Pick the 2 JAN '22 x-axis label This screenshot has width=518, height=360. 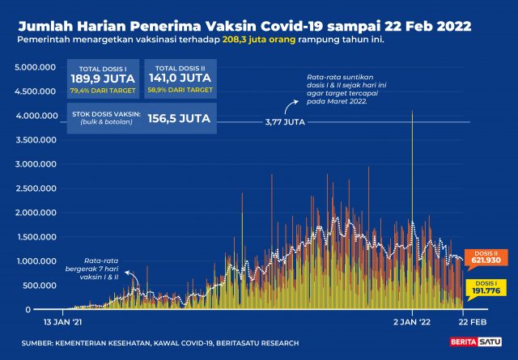click(412, 321)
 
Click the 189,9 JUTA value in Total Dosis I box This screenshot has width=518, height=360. click(102, 78)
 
